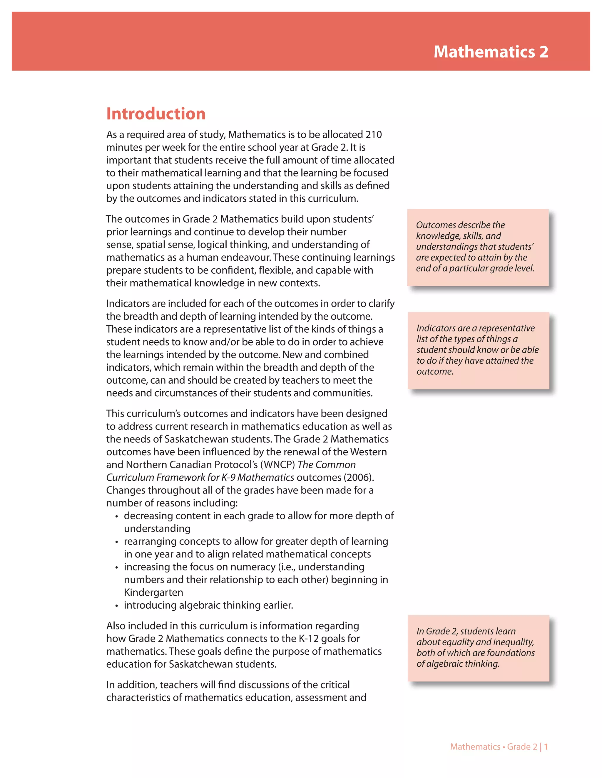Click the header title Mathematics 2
491,52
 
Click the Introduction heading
156,114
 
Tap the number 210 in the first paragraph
373,135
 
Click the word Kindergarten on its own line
153,592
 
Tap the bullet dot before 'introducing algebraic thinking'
116,606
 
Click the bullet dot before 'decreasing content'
116,516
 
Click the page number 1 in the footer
546,747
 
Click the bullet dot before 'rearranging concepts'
116,542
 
